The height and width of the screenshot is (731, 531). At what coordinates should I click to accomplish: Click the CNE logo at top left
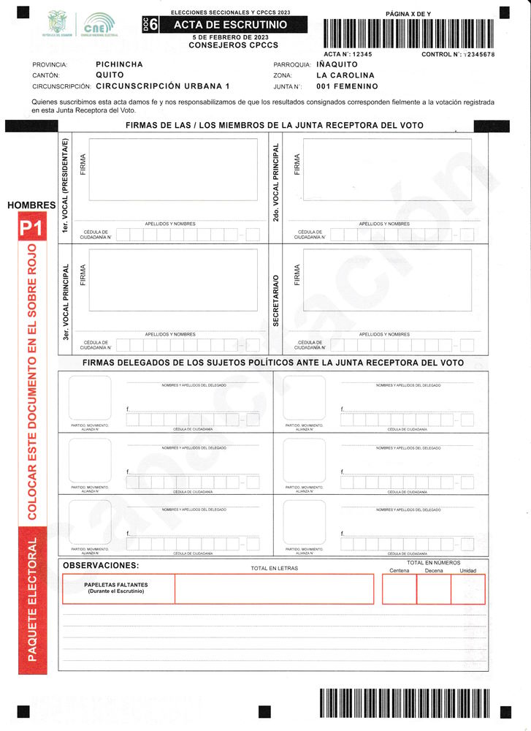tap(99, 25)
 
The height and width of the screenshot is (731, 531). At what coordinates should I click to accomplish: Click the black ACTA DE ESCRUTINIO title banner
tap(229, 25)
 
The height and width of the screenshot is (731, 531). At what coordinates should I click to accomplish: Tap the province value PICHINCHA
tap(119, 64)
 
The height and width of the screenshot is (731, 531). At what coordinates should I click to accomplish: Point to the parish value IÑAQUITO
tap(337, 64)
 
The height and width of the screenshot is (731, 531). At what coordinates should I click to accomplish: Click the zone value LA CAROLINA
tap(345, 75)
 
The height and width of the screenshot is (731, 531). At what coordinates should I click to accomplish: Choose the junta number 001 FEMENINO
tap(348, 87)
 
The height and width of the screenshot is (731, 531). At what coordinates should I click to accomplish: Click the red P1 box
tap(31, 229)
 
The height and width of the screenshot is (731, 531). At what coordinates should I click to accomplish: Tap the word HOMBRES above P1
tap(31, 205)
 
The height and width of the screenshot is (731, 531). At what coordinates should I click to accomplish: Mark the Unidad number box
tap(468, 589)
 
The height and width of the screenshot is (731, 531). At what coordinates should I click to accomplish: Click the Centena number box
tap(399, 589)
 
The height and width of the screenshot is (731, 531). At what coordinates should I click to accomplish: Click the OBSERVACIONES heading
tap(101, 566)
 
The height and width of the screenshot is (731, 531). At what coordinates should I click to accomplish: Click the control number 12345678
tap(478, 55)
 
